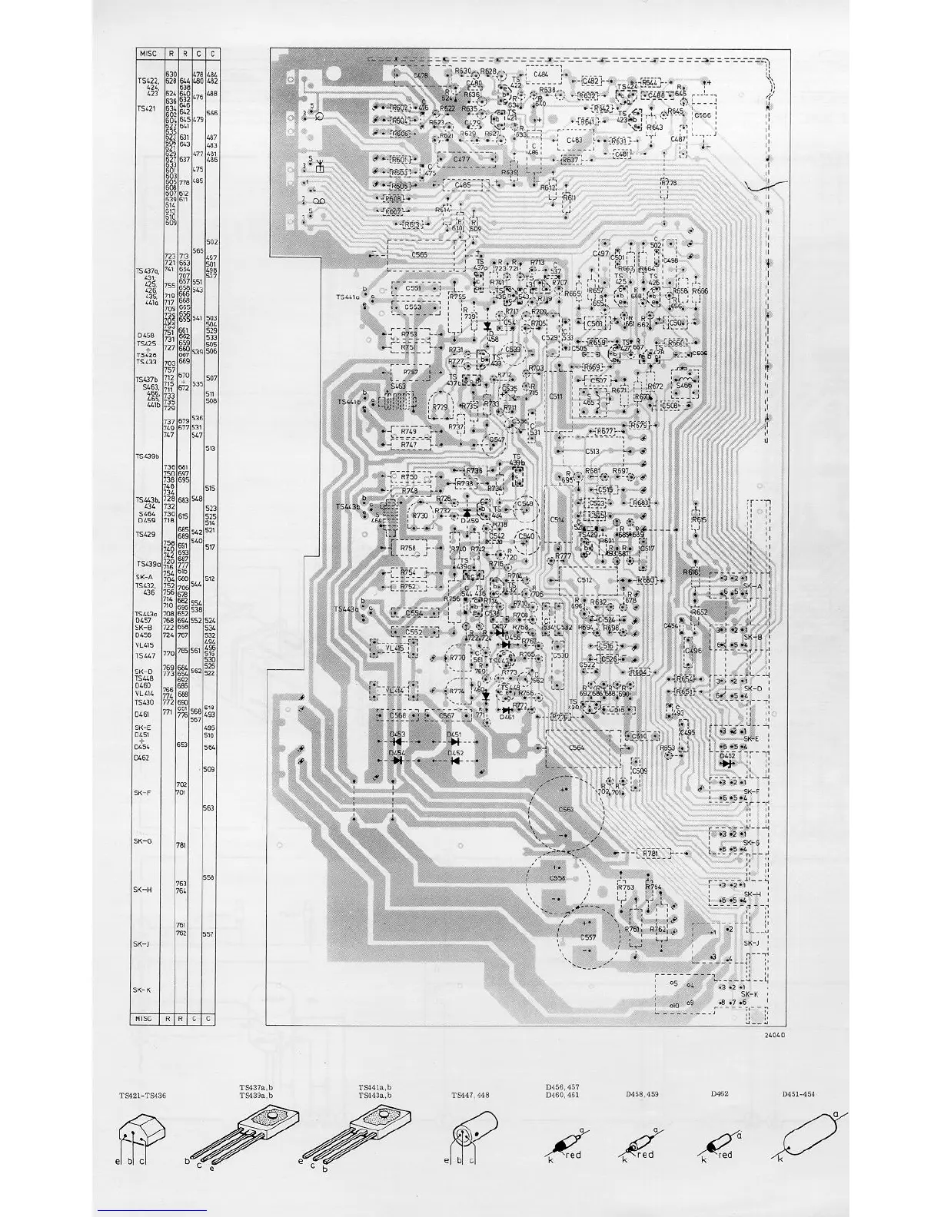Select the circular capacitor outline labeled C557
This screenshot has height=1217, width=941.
pyautogui.click(x=588, y=937)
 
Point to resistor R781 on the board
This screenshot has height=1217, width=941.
pyautogui.click(x=651, y=854)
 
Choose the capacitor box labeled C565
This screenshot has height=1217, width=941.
pyautogui.click(x=419, y=254)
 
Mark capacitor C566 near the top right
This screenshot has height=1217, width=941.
pyautogui.click(x=703, y=114)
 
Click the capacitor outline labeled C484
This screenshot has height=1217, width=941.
pyautogui.click(x=540, y=75)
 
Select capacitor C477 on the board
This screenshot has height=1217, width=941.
pyautogui.click(x=461, y=159)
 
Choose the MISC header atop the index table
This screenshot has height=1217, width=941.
pyautogui.click(x=148, y=54)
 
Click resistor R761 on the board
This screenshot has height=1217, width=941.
pyautogui.click(x=633, y=929)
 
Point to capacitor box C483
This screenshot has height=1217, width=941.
pyautogui.click(x=574, y=141)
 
